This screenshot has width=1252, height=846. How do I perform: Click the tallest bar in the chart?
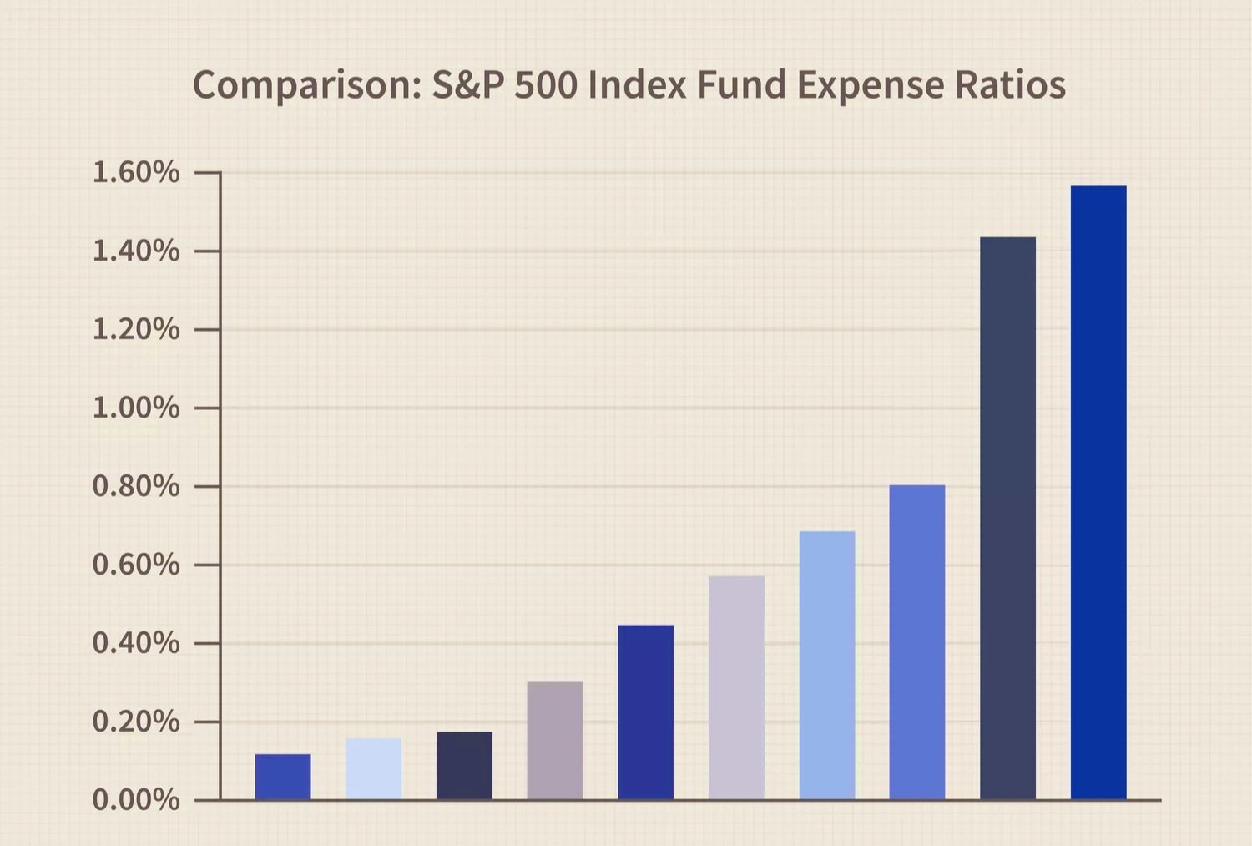pyautogui.click(x=1098, y=493)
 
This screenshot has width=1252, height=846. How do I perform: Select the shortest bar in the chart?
pyautogui.click(x=283, y=777)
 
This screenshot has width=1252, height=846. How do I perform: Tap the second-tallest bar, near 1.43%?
pyautogui.click(x=1007, y=518)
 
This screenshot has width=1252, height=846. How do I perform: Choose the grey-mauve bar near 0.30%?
pyautogui.click(x=555, y=740)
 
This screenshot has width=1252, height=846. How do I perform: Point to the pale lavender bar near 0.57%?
pyautogui.click(x=736, y=687)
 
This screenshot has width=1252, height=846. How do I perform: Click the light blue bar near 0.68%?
pyautogui.click(x=826, y=665)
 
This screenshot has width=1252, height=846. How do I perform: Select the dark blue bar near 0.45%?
pyautogui.click(x=645, y=712)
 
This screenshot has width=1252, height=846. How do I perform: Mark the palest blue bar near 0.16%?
pyautogui.click(x=373, y=768)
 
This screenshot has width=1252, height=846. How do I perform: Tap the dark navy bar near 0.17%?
pyautogui.click(x=464, y=765)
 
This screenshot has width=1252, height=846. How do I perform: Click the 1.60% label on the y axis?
pyautogui.click(x=135, y=173)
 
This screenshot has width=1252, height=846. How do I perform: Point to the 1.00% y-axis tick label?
pyautogui.click(x=135, y=408)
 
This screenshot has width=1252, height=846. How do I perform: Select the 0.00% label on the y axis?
pyautogui.click(x=135, y=800)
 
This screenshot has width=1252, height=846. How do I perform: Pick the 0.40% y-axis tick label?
pyautogui.click(x=135, y=643)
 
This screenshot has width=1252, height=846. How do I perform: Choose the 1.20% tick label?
pyautogui.click(x=135, y=330)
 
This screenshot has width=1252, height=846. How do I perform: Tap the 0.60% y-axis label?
pyautogui.click(x=135, y=565)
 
